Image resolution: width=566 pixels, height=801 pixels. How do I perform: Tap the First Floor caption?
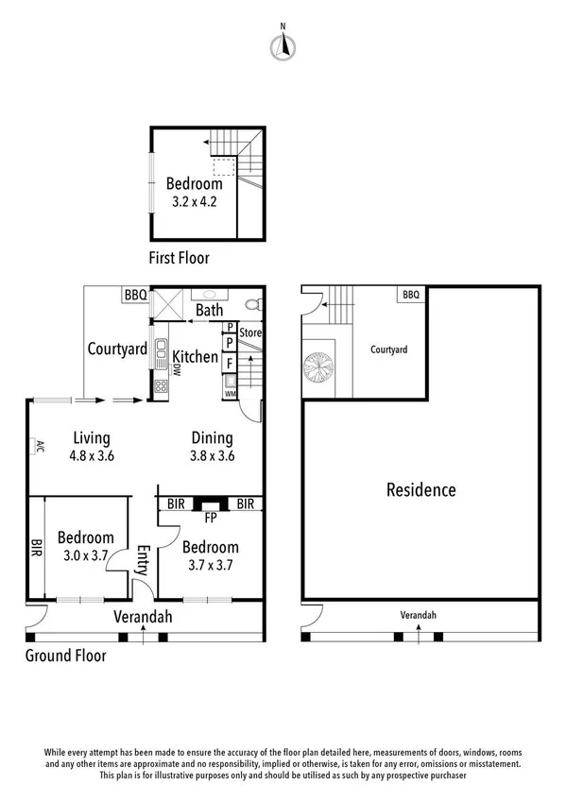tap(180, 257)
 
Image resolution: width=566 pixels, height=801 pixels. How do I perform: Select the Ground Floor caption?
tap(65, 656)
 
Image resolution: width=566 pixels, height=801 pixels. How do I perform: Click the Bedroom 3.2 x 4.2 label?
tap(194, 192)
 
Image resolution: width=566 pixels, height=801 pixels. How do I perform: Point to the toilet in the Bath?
tap(250, 304)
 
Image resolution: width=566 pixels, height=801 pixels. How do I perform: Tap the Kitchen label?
tap(195, 358)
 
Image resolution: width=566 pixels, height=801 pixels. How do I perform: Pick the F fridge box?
tap(230, 362)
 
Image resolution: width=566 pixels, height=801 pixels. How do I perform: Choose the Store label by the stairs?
tap(249, 332)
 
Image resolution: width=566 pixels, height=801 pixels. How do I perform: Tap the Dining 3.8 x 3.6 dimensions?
tap(213, 455)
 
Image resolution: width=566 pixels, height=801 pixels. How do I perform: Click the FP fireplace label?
tap(211, 518)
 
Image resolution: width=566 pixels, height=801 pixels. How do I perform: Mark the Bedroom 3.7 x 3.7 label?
tap(210, 556)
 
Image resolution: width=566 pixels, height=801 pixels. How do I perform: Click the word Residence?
tap(421, 490)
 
